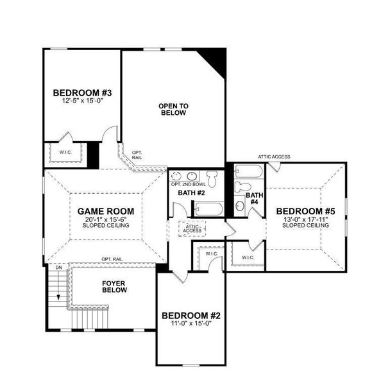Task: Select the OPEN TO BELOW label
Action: coord(173,109)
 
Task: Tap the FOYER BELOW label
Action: coord(114,286)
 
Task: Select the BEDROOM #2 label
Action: coord(191,316)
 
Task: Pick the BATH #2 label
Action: coord(190,193)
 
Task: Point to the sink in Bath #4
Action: coord(239,205)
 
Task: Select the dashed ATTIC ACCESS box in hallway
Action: coord(193,228)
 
